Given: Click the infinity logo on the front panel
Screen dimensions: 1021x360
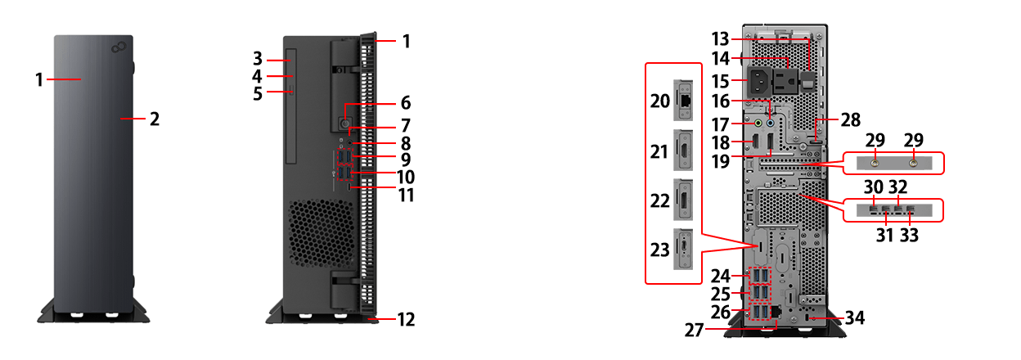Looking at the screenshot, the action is coord(119,47).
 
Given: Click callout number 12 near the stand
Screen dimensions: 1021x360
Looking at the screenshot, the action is coord(406,319).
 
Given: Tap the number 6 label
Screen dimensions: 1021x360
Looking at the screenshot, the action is coord(406,103).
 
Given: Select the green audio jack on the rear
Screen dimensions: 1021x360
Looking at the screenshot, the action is coord(758,123).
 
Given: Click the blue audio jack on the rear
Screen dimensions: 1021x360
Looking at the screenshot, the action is coord(771,123).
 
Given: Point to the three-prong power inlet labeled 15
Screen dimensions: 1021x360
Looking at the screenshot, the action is coord(759,81).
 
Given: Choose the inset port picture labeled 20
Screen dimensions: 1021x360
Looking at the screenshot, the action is coord(683,101).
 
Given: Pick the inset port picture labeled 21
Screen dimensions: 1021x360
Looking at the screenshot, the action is coord(683,151).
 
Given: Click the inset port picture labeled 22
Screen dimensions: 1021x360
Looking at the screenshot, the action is coord(683,200).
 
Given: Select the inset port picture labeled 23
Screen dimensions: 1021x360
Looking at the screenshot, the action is coord(683,249).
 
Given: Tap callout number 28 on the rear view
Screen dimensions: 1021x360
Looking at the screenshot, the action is coord(851,119).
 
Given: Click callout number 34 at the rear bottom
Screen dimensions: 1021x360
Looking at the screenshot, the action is coord(855,317).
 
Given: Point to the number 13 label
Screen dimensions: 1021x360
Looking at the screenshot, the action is coord(720,39).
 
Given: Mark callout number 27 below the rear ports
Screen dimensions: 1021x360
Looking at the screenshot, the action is coord(695,330).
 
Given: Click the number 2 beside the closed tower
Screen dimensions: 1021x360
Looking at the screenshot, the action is coord(155,119).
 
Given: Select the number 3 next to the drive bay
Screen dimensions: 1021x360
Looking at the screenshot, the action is coord(258,58).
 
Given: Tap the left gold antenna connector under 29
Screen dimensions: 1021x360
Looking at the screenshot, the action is coord(875,163).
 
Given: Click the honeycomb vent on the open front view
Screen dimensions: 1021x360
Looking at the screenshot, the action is coord(321,232).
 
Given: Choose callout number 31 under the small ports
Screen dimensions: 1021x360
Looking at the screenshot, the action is coord(884,235).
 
